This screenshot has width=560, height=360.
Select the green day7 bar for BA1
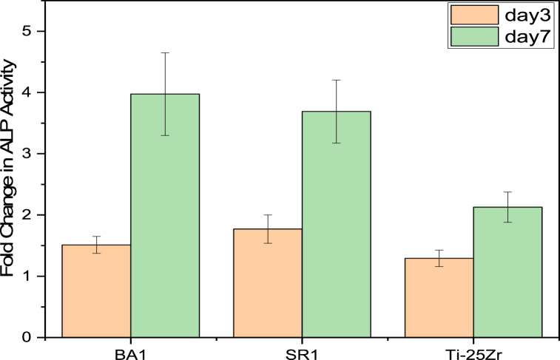tap(165, 215)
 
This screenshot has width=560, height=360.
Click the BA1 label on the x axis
tap(131, 351)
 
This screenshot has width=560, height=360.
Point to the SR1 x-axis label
tap(302, 351)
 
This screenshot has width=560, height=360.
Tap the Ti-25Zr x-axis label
tap(473, 351)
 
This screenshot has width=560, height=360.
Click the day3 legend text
tap(516, 15)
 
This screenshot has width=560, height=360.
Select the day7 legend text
tap(516, 35)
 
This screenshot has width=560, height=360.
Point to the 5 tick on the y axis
tap(36, 31)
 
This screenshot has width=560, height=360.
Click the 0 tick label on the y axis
tap(36, 337)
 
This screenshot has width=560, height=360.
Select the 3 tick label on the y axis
tap(36, 154)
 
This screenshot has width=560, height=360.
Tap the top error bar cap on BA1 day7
tap(165, 53)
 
